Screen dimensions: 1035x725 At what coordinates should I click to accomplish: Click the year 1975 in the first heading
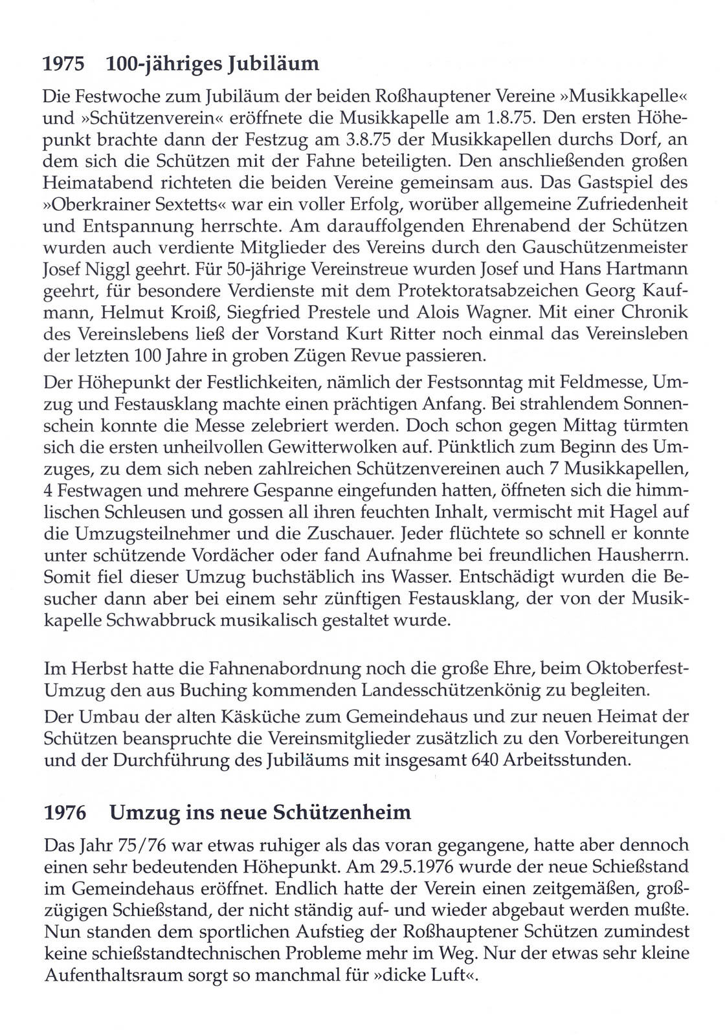[64, 64]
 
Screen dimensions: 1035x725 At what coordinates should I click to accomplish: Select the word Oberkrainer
[109, 204]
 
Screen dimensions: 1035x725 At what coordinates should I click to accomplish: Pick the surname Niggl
[108, 268]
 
